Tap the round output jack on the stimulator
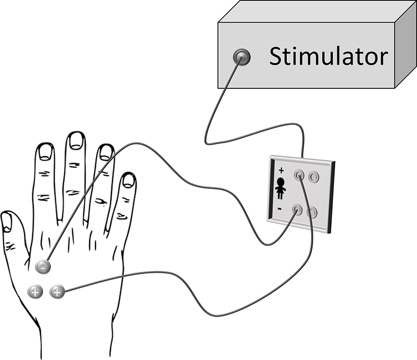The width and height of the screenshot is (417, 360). (242, 58)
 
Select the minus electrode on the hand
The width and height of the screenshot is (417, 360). (43, 267)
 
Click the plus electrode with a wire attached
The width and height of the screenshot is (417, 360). (57, 290)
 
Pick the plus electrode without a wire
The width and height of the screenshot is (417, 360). (35, 290)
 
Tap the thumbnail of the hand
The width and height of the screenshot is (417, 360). (7, 222)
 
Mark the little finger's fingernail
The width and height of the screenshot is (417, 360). (129, 180)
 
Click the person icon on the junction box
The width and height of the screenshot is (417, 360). (280, 189)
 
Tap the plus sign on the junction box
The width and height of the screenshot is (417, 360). (281, 170)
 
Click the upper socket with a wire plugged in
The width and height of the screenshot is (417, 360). (300, 175)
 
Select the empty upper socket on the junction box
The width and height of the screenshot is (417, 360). (314, 176)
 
